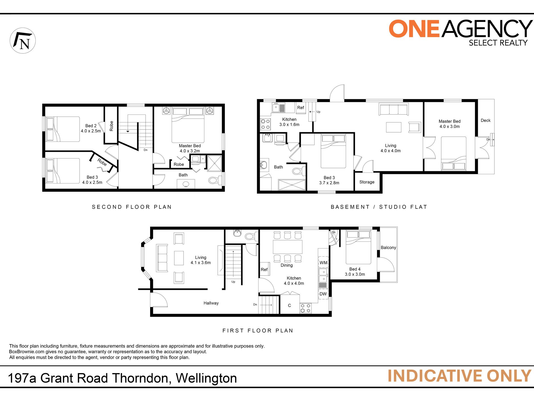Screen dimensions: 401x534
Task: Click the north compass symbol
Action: pos(23,41)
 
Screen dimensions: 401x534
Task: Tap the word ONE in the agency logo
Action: pos(414,29)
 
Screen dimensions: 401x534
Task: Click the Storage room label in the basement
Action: pos(367,182)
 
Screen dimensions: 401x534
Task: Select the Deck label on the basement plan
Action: pos(485,120)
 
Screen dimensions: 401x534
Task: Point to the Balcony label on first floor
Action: pos(388,248)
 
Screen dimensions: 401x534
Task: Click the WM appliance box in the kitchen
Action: pos(323,263)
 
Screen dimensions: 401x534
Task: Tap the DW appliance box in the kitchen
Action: pos(323,294)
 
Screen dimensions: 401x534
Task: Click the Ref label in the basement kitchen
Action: pos(300,108)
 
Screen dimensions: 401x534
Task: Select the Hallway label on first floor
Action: pos(211,303)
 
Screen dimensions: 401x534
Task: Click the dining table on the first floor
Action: pos(288,247)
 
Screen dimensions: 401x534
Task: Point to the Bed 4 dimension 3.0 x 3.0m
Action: pos(355,274)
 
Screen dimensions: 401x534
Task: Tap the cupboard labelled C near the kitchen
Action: pos(289,306)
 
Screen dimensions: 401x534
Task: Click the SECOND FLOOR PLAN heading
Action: pos(132,207)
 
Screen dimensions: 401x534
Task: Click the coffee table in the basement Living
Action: pos(393,127)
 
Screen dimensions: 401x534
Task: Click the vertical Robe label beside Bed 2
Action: pos(111,126)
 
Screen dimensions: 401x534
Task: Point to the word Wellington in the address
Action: pos(206,378)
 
